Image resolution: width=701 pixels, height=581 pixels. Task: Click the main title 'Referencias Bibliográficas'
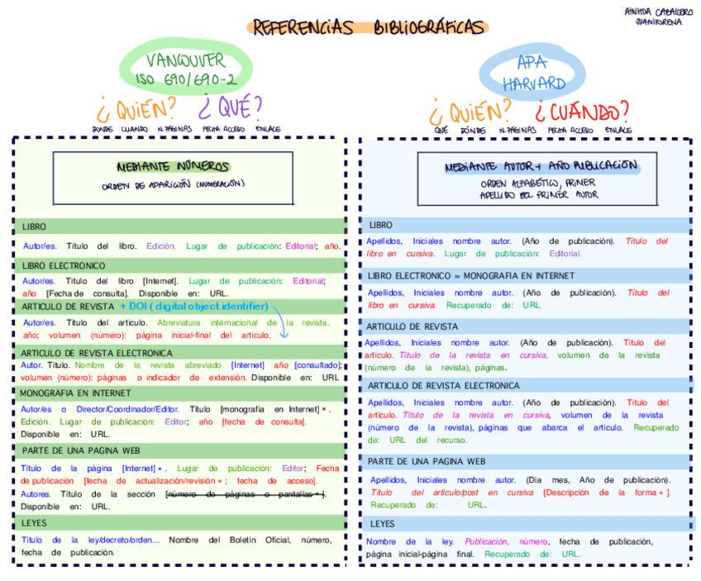[368, 27]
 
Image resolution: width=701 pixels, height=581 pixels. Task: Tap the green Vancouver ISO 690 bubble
[186, 69]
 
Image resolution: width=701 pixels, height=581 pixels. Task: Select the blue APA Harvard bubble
[531, 72]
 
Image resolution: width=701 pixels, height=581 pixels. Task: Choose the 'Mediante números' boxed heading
[173, 166]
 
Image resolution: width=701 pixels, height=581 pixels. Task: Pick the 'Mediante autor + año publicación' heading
[541, 165]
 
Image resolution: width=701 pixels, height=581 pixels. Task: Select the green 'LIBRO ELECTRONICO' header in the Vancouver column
[64, 266]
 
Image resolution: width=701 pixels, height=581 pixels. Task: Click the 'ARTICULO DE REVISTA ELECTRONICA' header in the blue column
[444, 386]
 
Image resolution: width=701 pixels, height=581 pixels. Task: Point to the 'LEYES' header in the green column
[35, 523]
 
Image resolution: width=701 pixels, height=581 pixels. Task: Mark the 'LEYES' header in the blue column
[383, 524]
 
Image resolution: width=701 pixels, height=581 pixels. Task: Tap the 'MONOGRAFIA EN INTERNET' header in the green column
[76, 393]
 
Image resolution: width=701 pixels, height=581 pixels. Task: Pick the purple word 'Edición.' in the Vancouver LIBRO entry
[161, 245]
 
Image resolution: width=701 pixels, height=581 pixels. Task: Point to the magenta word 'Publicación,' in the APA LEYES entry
[486, 541]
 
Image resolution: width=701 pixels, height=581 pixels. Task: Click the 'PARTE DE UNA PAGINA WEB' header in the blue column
[427, 461]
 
